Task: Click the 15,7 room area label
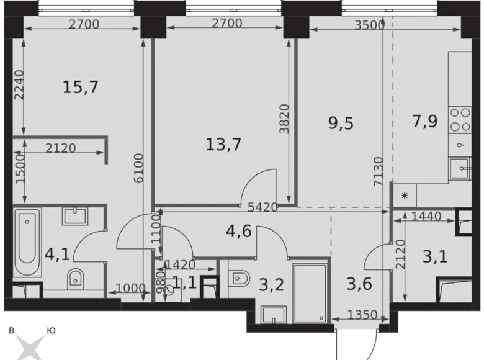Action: (x=81, y=88)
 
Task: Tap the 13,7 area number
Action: (x=223, y=145)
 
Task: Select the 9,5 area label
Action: (x=341, y=123)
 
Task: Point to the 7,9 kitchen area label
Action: (x=426, y=121)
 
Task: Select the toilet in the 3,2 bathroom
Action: (x=238, y=278)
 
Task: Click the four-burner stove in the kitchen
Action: (x=460, y=120)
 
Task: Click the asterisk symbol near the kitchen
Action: (x=405, y=197)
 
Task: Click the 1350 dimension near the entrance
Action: (x=362, y=315)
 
